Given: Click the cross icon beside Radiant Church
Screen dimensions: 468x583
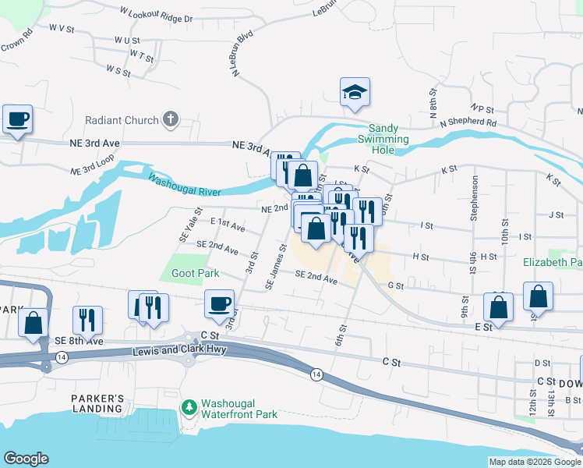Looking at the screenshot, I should pos(171,119).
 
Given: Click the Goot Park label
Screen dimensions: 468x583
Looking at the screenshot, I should pos(196,274).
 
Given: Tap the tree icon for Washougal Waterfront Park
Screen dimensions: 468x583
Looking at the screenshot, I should pos(188,406).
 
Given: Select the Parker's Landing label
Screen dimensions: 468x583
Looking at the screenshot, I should pos(97,403).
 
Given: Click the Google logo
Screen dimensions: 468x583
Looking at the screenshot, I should pos(26,459).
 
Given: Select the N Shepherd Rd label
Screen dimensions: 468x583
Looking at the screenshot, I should pos(468,122).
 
